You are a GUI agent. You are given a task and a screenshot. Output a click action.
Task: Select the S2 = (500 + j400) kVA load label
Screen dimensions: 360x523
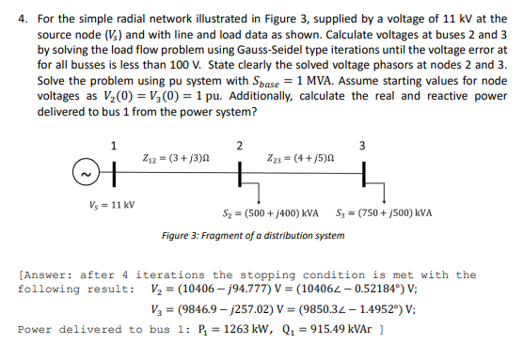click(x=276, y=212)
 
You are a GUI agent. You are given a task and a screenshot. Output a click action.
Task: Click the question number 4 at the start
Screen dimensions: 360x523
click(x=20, y=15)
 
